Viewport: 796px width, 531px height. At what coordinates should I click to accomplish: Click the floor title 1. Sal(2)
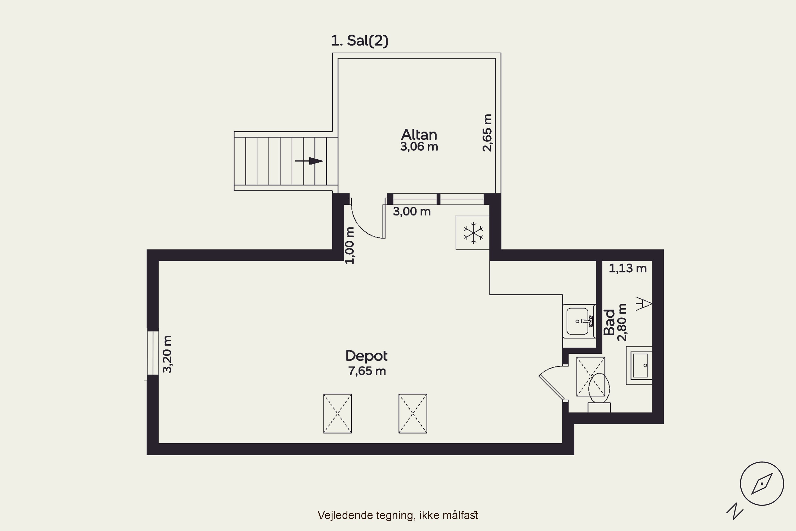tap(360, 41)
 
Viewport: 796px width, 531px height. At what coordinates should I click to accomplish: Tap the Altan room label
tap(419, 135)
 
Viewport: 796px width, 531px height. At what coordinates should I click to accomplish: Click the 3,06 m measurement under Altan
tap(419, 147)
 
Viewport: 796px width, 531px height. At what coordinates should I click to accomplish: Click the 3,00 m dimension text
tap(412, 212)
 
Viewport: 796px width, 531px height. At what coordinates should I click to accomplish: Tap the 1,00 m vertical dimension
tap(350, 246)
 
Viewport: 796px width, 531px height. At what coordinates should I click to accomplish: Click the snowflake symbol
tap(473, 233)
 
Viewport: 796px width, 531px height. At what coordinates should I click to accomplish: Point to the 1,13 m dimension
tap(628, 268)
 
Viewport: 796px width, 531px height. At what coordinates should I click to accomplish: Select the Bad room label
tap(609, 322)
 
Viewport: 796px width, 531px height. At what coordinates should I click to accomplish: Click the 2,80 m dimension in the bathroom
tap(622, 322)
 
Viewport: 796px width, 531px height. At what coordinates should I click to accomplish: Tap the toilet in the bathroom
tap(599, 393)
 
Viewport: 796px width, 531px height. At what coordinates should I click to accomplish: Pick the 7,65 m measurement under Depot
tap(367, 371)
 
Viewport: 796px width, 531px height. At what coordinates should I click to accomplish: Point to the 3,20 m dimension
tap(167, 354)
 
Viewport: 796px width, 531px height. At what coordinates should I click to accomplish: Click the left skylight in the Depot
tap(338, 413)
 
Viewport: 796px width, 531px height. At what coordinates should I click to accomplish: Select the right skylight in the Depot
tap(413, 413)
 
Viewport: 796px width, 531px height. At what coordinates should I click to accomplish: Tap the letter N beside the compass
tap(735, 511)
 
